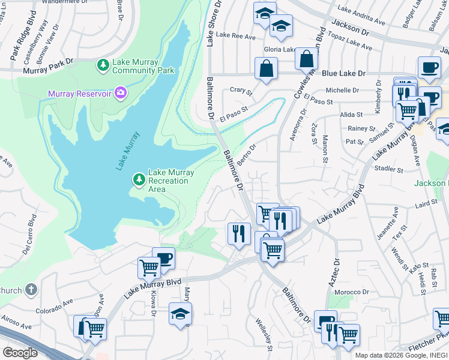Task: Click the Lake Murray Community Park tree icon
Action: [103, 64]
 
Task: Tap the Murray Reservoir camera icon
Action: [121, 92]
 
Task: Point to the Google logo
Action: [20, 352]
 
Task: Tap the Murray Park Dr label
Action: [48, 66]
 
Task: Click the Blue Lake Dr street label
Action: [343, 74]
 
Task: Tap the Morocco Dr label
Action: [352, 292]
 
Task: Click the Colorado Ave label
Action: [53, 305]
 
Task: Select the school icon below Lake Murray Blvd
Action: [180, 314]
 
